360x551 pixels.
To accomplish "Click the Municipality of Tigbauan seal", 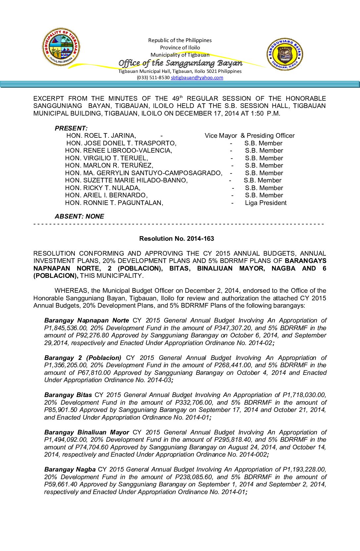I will (x=61, y=47).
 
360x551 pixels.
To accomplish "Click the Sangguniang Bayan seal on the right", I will (x=285, y=54).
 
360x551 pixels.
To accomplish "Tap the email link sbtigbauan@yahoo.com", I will (x=197, y=77).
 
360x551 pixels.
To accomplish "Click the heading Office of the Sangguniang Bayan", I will (x=180, y=63).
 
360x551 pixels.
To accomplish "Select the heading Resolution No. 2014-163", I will (x=176, y=238).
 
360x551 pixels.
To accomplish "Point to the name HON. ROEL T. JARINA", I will (x=101, y=135).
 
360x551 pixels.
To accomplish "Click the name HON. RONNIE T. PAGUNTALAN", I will (x=114, y=203).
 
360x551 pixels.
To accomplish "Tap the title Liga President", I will (x=266, y=203).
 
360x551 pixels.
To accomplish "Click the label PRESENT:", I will (x=71, y=128).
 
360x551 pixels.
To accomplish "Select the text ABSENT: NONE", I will (x=79, y=216).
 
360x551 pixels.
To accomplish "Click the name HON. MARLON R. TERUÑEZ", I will (x=109, y=165).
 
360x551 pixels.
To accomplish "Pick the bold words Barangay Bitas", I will (x=68, y=395).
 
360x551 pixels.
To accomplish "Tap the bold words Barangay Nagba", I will (x=70, y=469).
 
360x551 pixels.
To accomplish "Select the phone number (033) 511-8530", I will (x=153, y=77).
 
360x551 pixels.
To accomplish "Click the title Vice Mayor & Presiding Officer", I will (x=249, y=135).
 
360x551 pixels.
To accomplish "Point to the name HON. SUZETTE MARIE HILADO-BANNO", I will (x=126, y=180).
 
